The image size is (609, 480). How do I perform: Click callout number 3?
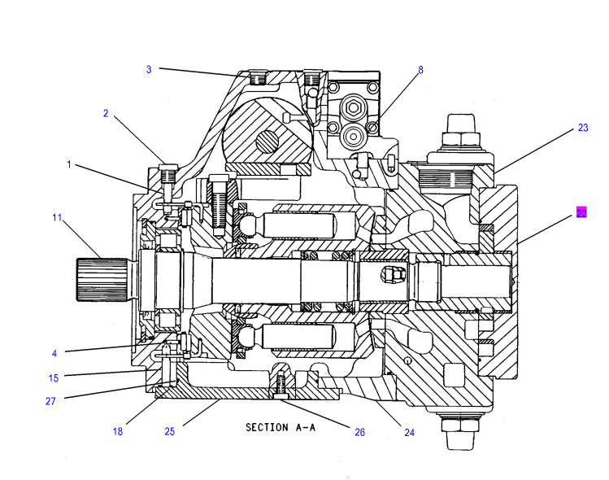pos(149,70)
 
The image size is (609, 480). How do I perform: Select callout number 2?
pos(106,113)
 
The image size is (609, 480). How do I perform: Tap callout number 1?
pos(69,164)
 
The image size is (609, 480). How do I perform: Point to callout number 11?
pos(57,218)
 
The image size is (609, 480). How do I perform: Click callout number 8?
pos(420,70)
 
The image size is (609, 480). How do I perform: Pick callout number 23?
pos(583,128)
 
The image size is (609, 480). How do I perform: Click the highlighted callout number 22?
pos(581,213)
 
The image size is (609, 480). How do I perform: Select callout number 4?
pos(54,353)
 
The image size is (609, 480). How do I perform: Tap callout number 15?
pos(54,377)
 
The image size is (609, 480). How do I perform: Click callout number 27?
pos(50,401)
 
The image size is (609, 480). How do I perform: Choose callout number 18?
pos(118,431)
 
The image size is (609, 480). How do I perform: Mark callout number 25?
pos(170,431)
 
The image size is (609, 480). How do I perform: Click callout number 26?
pos(360,432)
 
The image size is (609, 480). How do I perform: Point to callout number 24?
pos(409,432)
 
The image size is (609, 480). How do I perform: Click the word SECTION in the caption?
pos(267,428)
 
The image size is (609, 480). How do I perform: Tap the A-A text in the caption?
pos(306,428)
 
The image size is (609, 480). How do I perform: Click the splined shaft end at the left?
pos(102,279)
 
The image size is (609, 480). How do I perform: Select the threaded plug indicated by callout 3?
pos(257,77)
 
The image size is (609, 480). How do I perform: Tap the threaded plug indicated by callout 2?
pos(168,174)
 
